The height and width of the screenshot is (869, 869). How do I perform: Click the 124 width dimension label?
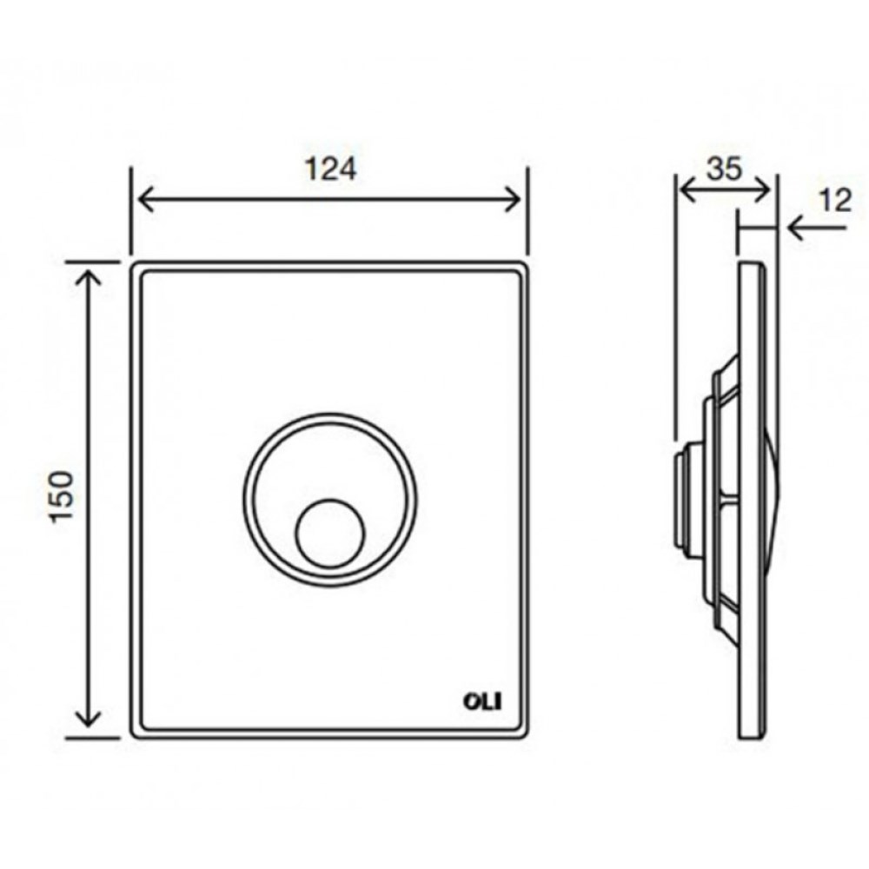(x=330, y=169)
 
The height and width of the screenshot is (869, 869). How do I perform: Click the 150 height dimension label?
(x=62, y=496)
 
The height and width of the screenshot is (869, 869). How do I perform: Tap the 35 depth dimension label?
(x=724, y=169)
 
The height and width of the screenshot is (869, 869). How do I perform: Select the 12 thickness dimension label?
(x=835, y=201)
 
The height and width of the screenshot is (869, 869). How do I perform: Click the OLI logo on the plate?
(x=482, y=702)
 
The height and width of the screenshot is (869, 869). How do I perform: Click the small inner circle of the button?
(x=330, y=534)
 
